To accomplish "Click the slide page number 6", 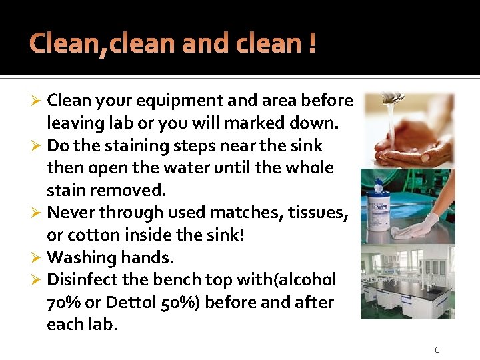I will tap(437, 350).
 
